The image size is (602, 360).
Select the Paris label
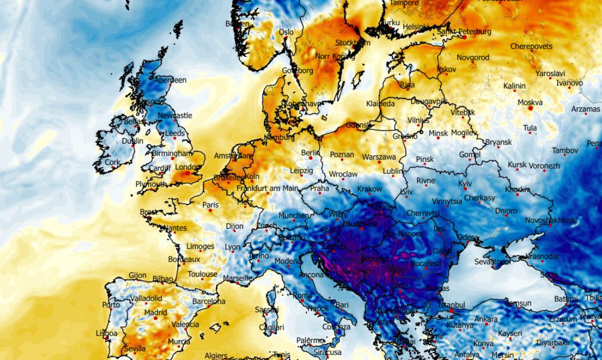[x=210, y=205]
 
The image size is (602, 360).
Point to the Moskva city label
[x=530, y=102]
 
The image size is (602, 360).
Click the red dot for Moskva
[x=530, y=108]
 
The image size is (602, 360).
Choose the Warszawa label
[x=379, y=157]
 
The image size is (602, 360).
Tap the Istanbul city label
[x=452, y=305]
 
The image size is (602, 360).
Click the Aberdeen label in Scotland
[x=170, y=80]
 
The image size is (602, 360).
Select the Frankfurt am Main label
[x=267, y=188]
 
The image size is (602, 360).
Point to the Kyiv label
[x=465, y=184]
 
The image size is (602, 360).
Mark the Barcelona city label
[x=208, y=301]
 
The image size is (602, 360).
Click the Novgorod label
[x=473, y=57]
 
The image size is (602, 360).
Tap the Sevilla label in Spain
[x=134, y=349]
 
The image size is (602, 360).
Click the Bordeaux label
[x=184, y=259]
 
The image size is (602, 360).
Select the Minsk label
[x=438, y=133]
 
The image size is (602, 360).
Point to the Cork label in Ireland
[x=112, y=162]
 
